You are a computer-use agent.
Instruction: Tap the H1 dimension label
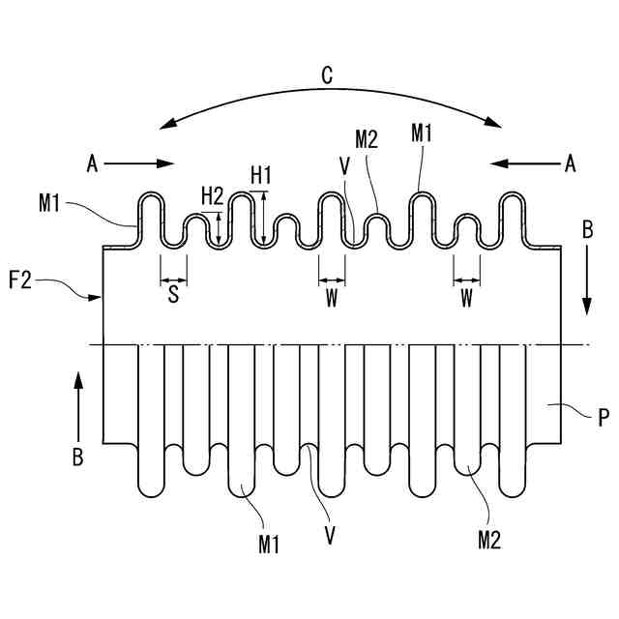(x=261, y=175)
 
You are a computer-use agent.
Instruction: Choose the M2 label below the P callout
(x=488, y=539)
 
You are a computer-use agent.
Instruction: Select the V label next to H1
(x=344, y=165)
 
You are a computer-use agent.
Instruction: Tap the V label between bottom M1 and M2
(x=330, y=534)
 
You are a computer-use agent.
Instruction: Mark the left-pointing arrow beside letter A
(x=522, y=164)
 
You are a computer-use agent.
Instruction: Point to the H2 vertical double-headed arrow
(x=221, y=228)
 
